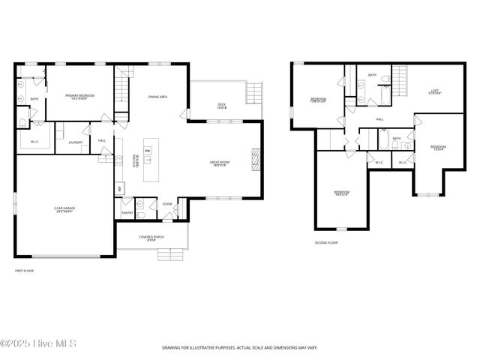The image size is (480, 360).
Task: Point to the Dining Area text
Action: (157, 97)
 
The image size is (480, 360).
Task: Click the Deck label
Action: (221, 106)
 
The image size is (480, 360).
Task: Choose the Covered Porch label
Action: (152, 238)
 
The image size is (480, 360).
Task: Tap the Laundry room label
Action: (75, 142)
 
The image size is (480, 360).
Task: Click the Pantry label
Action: (127, 213)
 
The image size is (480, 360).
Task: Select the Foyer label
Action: (167, 204)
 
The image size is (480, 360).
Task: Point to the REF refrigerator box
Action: (118, 188)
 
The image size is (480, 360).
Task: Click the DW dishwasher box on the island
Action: (148, 151)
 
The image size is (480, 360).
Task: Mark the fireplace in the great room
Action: (255, 159)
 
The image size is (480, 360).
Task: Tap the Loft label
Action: (434, 91)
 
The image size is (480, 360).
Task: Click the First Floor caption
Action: (24, 271)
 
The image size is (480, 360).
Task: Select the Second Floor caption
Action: (326, 243)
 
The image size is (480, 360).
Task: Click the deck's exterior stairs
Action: (256, 92)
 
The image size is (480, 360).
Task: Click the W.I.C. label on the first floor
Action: (35, 140)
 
